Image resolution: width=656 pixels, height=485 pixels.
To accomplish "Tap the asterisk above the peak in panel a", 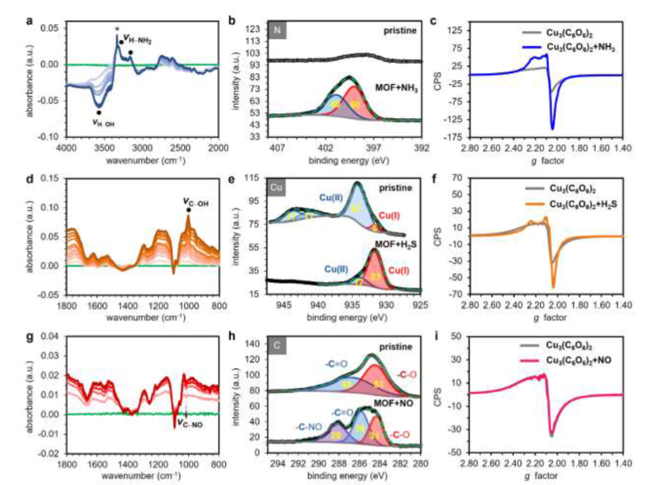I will point(117,29).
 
